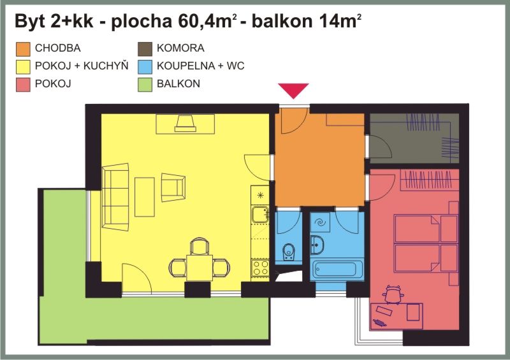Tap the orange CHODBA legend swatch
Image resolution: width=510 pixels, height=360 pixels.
pos(23,49)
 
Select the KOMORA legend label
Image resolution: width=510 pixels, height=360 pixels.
pos(180,48)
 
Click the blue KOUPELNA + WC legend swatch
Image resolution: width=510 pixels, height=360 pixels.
pos(145,67)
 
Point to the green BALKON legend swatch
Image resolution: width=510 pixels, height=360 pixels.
pos(145,85)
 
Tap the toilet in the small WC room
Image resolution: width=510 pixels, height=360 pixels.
pos(289,252)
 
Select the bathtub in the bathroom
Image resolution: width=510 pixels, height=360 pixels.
pos(337,270)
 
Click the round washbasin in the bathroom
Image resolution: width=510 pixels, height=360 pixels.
pos(317,245)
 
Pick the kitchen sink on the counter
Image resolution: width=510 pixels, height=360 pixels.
pos(260,215)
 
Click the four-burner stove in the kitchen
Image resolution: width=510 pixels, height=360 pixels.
pos(260,268)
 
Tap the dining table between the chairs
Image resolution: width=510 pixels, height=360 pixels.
pos(200,268)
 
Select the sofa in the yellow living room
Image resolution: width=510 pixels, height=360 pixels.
pos(115,197)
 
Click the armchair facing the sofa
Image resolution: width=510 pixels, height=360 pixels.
pos(173,187)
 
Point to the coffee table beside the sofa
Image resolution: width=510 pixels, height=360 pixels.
pos(145,197)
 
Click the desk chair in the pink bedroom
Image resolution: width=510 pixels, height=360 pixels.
pos(393,294)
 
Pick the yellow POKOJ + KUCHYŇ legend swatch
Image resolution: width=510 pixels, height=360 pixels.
pos(23,67)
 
